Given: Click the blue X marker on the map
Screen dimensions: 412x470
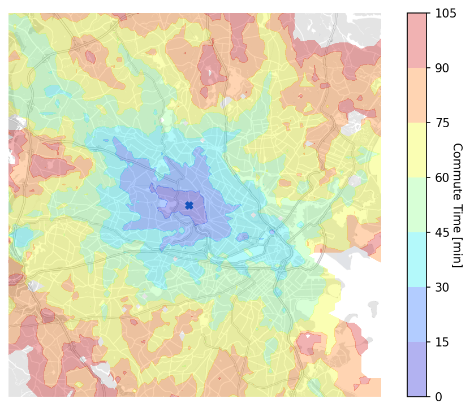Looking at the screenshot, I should pyautogui.click(x=189, y=206).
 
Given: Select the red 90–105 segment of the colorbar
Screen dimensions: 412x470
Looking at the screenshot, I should pyautogui.click(x=417, y=41).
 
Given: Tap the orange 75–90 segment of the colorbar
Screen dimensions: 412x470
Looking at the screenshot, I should pyautogui.click(x=417, y=96).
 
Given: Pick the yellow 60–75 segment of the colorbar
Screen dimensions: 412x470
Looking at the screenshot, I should pyautogui.click(x=417, y=150).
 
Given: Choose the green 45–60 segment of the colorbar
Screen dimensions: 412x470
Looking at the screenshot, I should pyautogui.click(x=417, y=205).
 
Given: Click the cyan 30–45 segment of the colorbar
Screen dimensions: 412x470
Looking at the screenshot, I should pyautogui.click(x=417, y=260).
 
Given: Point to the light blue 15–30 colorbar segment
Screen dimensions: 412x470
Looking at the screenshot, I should pyautogui.click(x=417, y=315).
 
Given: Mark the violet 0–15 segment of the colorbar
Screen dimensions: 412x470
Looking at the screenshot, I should pyautogui.click(x=417, y=370).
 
